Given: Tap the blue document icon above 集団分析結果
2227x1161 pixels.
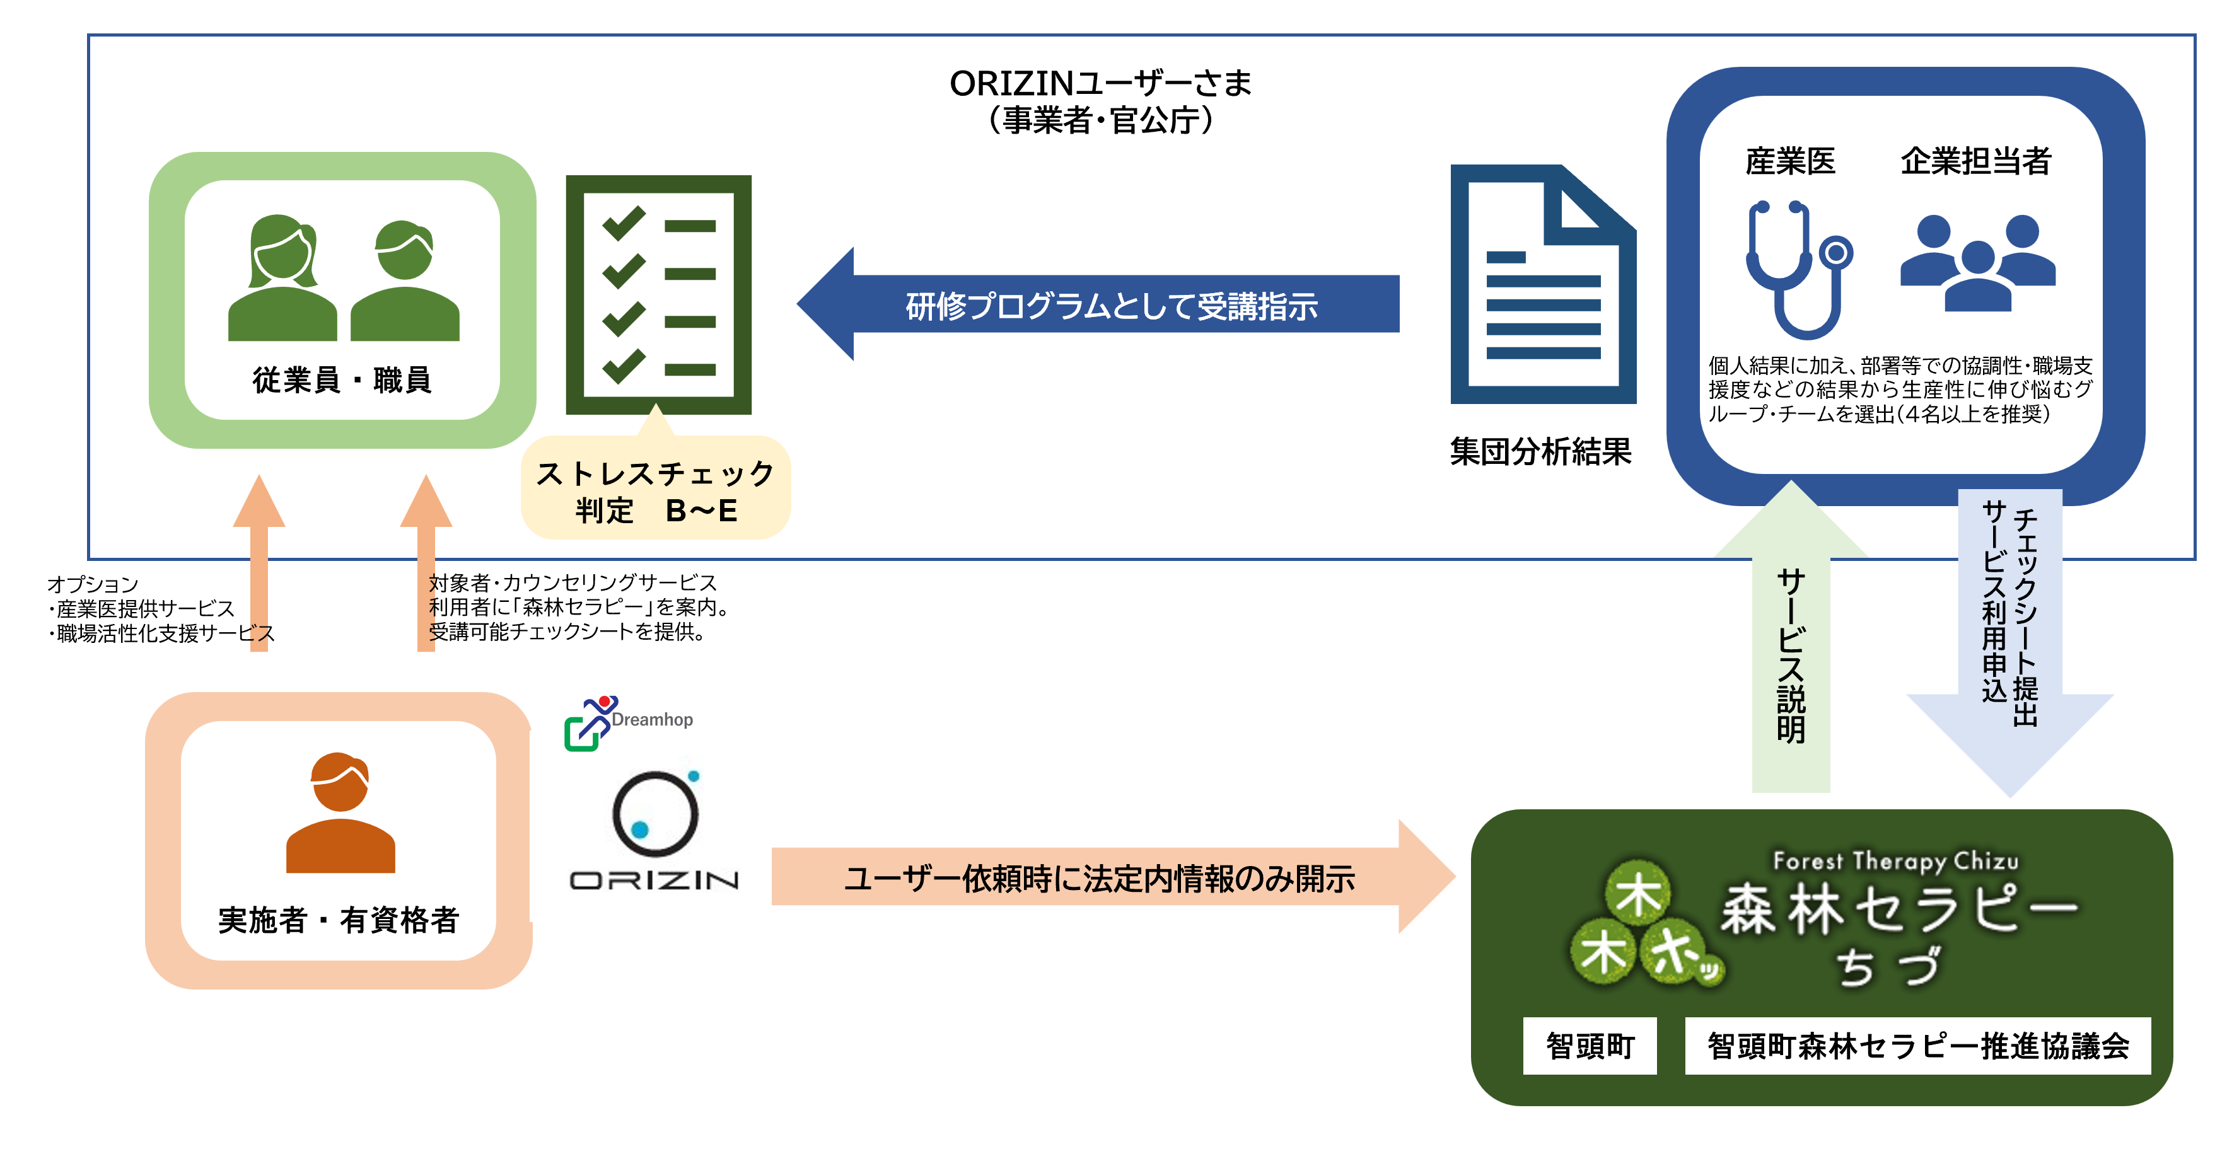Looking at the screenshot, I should (1542, 286).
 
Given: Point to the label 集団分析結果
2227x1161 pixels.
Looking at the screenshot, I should (1540, 451).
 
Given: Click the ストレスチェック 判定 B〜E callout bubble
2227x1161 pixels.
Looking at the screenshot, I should (655, 491).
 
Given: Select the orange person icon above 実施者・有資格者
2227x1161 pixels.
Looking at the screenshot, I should (340, 812).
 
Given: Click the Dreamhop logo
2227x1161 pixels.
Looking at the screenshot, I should (629, 722).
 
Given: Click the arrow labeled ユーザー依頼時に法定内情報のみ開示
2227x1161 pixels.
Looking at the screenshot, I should (1098, 877).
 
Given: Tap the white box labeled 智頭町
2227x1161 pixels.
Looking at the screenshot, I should (1589, 1046).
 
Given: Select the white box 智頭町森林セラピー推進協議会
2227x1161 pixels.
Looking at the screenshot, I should (1917, 1046).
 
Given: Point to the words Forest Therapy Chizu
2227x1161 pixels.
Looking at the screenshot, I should (1895, 860).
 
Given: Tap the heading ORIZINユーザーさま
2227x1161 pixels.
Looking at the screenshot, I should (1100, 84).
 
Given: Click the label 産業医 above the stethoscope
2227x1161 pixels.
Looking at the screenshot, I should (1789, 161).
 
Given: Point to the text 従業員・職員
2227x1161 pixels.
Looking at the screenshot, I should (342, 379).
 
